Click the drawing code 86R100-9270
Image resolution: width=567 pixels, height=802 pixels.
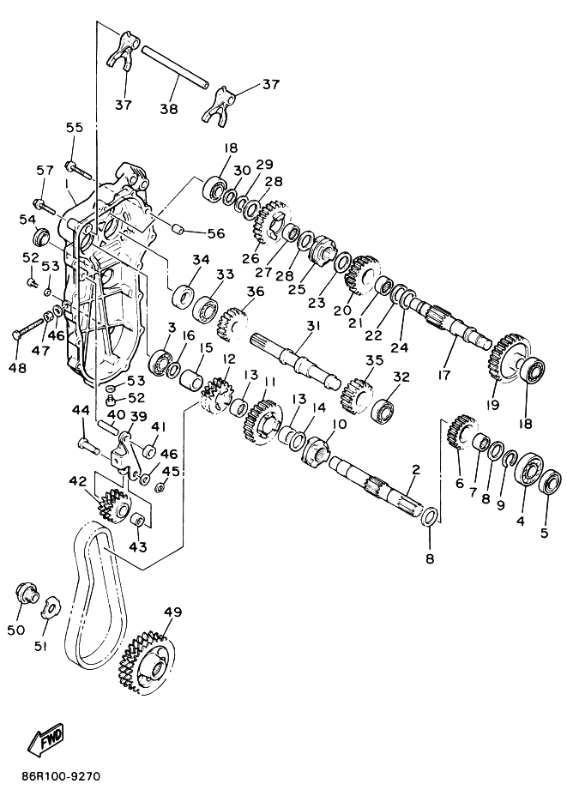click(61, 776)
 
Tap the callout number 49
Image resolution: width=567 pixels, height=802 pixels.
click(172, 612)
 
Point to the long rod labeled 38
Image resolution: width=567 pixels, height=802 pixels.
click(175, 67)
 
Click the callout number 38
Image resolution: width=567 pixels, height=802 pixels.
click(169, 108)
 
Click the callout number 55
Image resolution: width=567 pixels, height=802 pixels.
click(74, 127)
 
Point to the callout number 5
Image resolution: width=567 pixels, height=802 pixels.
click(544, 533)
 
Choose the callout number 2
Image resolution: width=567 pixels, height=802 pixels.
click(416, 469)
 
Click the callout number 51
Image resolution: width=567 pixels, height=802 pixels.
click(41, 646)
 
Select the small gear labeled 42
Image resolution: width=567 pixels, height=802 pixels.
click(112, 505)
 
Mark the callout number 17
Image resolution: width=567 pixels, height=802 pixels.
click(443, 375)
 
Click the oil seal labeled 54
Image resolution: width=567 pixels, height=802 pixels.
click(41, 238)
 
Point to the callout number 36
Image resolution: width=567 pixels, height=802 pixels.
click(255, 291)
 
